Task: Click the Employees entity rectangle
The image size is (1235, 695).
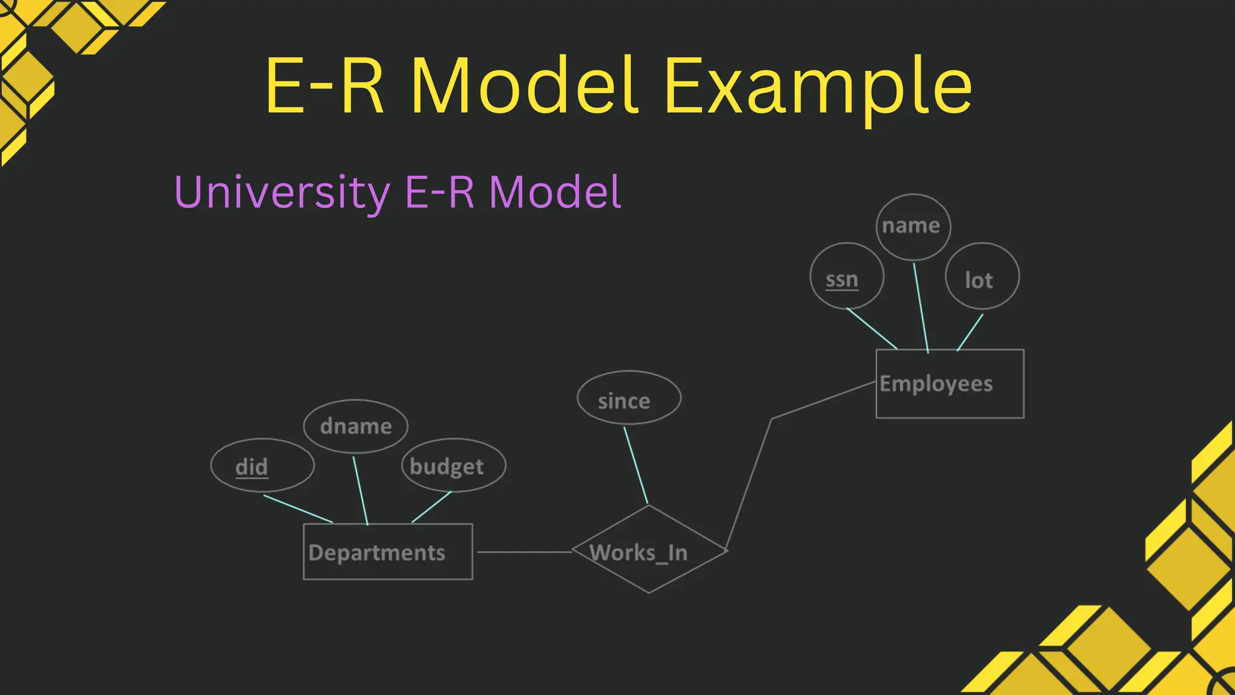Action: pyautogui.click(x=949, y=384)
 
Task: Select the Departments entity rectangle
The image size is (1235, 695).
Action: pyautogui.click(x=388, y=552)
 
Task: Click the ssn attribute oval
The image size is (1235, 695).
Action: pyautogui.click(x=846, y=276)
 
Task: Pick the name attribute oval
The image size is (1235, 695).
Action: pyautogui.click(x=912, y=227)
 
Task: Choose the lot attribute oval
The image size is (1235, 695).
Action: pyautogui.click(x=982, y=277)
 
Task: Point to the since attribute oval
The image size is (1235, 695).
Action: pyautogui.click(x=628, y=398)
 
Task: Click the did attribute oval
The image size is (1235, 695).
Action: pyautogui.click(x=262, y=465)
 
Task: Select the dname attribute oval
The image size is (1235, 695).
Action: pyautogui.click(x=355, y=426)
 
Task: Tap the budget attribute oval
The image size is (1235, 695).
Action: pyautogui.click(x=453, y=465)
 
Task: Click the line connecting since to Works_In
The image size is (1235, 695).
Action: pyautogui.click(x=636, y=465)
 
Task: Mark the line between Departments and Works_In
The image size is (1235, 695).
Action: pyautogui.click(x=523, y=551)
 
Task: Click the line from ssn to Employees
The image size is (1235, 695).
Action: pyautogui.click(x=872, y=329)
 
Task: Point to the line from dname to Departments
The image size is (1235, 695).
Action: pyautogui.click(x=361, y=490)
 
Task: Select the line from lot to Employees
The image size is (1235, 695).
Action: pyautogui.click(x=970, y=332)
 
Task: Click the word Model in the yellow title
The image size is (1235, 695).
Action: pyautogui.click(x=523, y=86)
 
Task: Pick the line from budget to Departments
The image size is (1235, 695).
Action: pyautogui.click(x=432, y=507)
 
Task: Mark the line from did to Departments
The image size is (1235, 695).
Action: pyautogui.click(x=298, y=509)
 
